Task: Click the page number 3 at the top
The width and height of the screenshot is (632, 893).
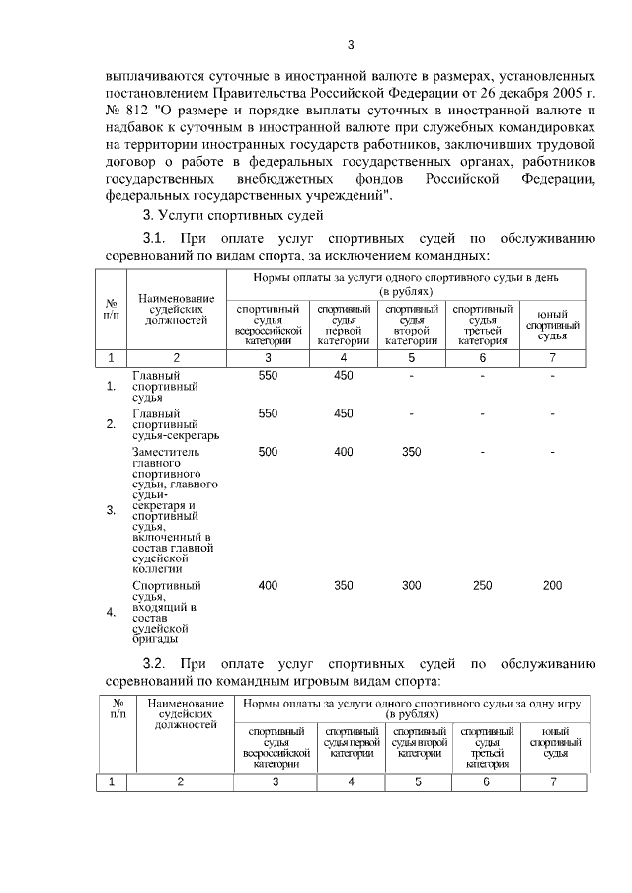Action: tap(350, 44)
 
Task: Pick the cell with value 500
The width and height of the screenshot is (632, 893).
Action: tap(268, 452)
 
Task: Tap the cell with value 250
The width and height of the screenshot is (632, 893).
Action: tap(482, 586)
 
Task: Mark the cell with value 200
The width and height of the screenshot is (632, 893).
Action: tap(553, 586)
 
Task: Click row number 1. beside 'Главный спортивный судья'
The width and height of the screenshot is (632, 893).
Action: tap(111, 386)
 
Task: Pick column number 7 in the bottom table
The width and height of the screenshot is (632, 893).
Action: tap(553, 781)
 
